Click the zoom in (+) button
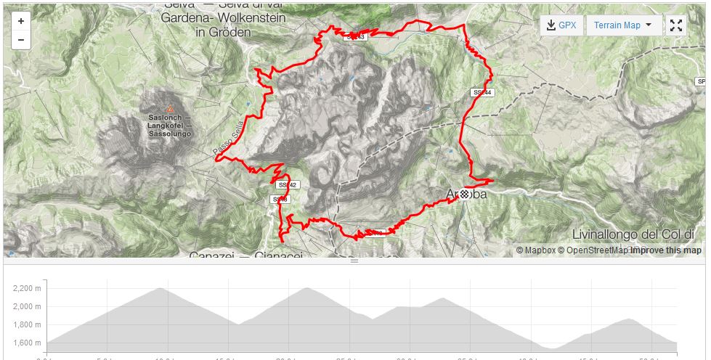21,22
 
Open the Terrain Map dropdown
623,25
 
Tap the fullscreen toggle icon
676,25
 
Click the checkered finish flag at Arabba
464,194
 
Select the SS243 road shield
355,36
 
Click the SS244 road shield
482,93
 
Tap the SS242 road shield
288,185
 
